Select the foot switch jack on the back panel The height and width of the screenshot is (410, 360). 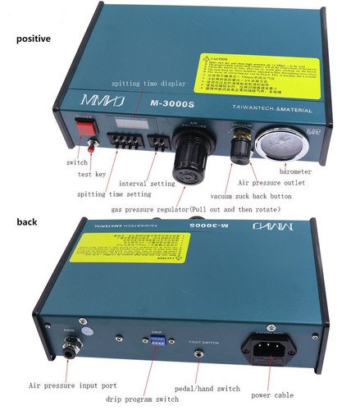click(198, 354)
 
